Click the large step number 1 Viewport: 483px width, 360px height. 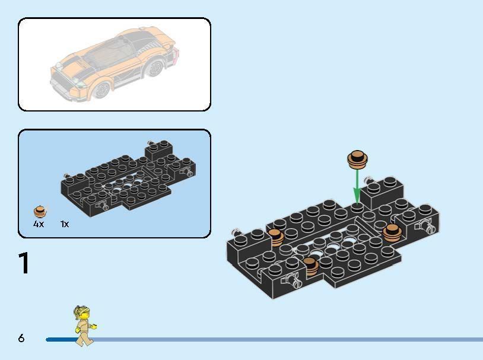24,264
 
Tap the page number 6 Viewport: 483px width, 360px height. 21,338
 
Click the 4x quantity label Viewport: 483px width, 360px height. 39,224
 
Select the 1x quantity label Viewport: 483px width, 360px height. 65,224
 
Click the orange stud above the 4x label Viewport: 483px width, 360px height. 39,211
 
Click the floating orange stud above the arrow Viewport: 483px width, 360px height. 357,158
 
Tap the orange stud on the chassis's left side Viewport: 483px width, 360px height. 276,238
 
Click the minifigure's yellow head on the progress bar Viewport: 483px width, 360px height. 80,313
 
